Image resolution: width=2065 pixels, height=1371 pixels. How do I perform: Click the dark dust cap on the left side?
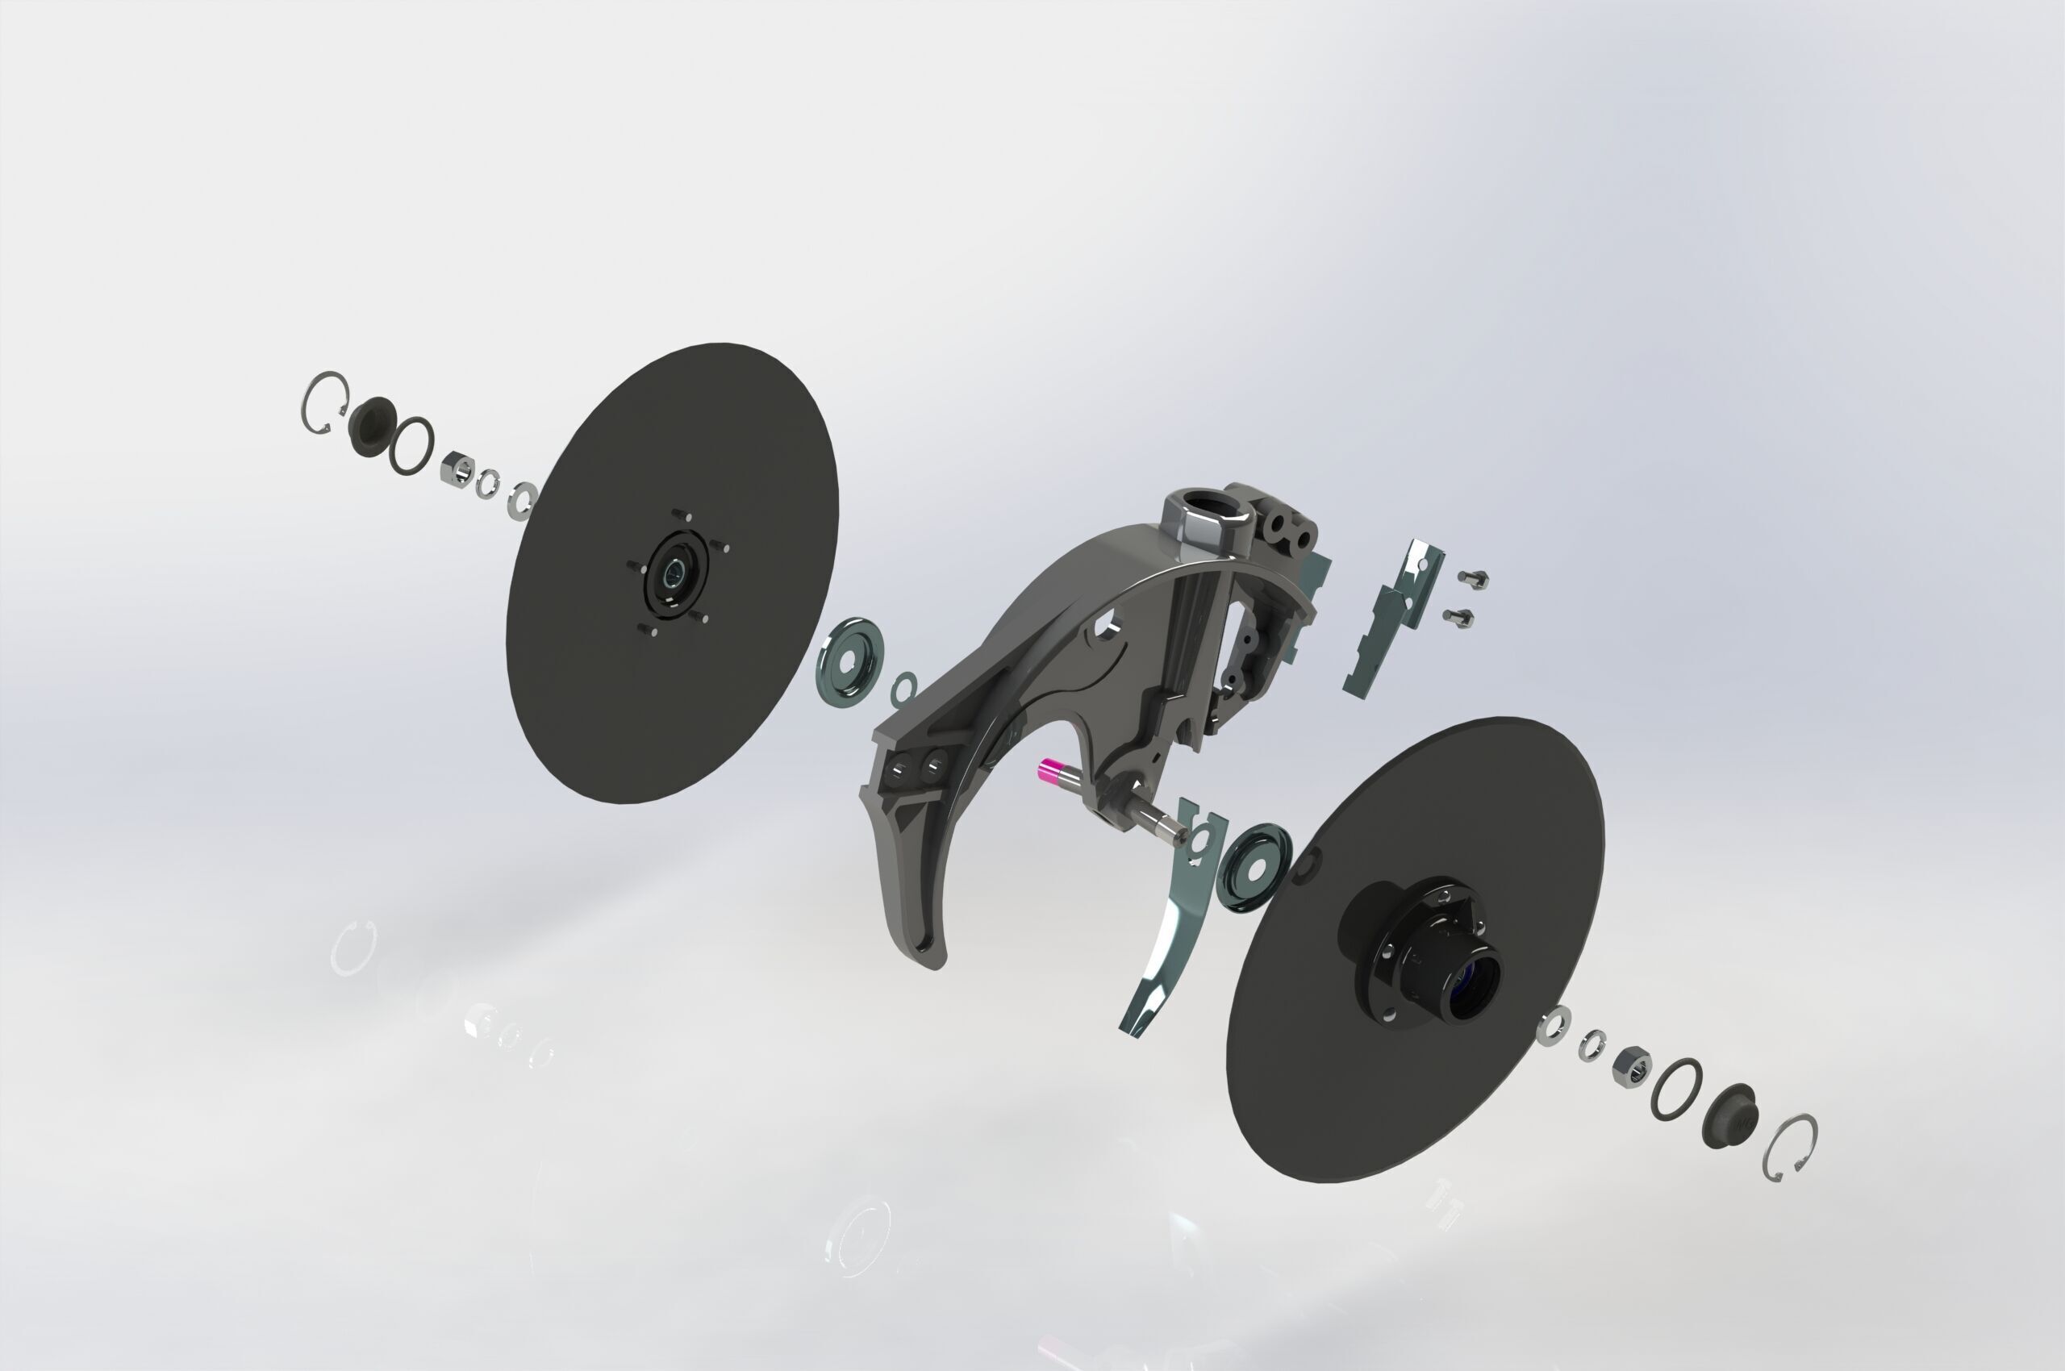tap(371, 426)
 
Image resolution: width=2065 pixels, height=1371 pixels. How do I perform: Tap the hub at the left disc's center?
tap(673, 573)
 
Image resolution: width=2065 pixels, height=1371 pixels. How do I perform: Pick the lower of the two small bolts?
tap(1459, 617)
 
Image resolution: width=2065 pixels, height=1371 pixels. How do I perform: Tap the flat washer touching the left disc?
tap(524, 500)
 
